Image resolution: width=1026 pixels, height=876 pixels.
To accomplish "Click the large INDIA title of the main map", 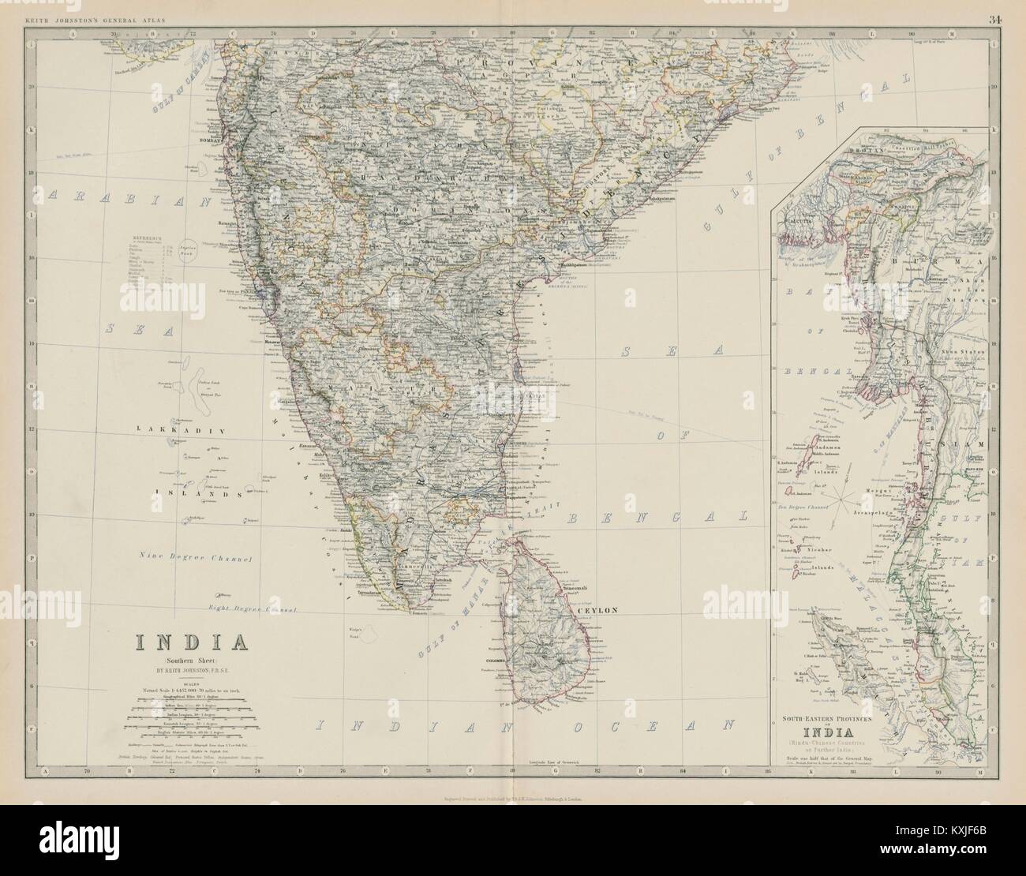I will pos(193,640).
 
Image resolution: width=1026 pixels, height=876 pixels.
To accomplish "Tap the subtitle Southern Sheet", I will pos(192,660).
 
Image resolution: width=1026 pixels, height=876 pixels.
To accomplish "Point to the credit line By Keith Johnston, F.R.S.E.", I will pos(193,672).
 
